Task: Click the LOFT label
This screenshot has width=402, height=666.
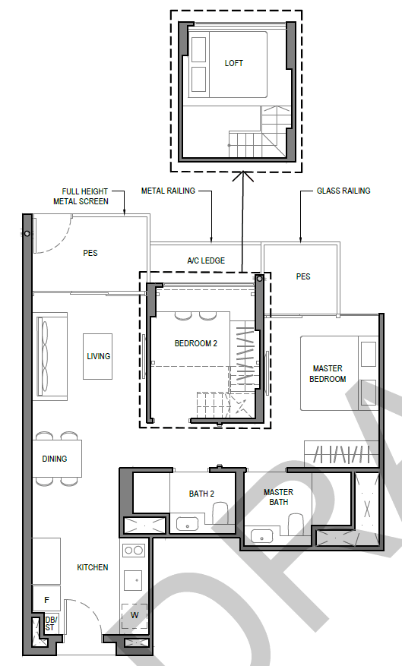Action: pyautogui.click(x=234, y=63)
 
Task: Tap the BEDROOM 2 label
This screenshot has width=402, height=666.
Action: pyautogui.click(x=196, y=343)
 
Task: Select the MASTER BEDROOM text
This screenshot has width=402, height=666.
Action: pyautogui.click(x=328, y=374)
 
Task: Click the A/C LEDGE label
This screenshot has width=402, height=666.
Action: pyautogui.click(x=206, y=260)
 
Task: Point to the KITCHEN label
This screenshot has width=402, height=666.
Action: pyautogui.click(x=93, y=567)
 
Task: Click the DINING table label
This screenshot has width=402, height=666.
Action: pyautogui.click(x=55, y=459)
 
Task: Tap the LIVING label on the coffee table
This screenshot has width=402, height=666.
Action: pyautogui.click(x=99, y=356)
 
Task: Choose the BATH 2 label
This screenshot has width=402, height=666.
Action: pyautogui.click(x=201, y=494)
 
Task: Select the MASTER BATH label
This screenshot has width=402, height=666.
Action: pyautogui.click(x=278, y=497)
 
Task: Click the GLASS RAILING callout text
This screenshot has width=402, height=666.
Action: pyautogui.click(x=343, y=191)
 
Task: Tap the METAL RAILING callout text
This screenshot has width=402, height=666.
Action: pyautogui.click(x=168, y=191)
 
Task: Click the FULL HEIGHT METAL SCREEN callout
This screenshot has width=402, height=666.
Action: pyautogui.click(x=81, y=196)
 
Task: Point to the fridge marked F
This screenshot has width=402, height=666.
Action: pyautogui.click(x=47, y=599)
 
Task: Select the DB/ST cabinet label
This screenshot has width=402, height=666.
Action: pyautogui.click(x=50, y=623)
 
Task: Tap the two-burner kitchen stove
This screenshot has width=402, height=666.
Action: pyautogui.click(x=134, y=551)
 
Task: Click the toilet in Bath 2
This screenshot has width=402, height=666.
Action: pyautogui.click(x=220, y=513)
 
